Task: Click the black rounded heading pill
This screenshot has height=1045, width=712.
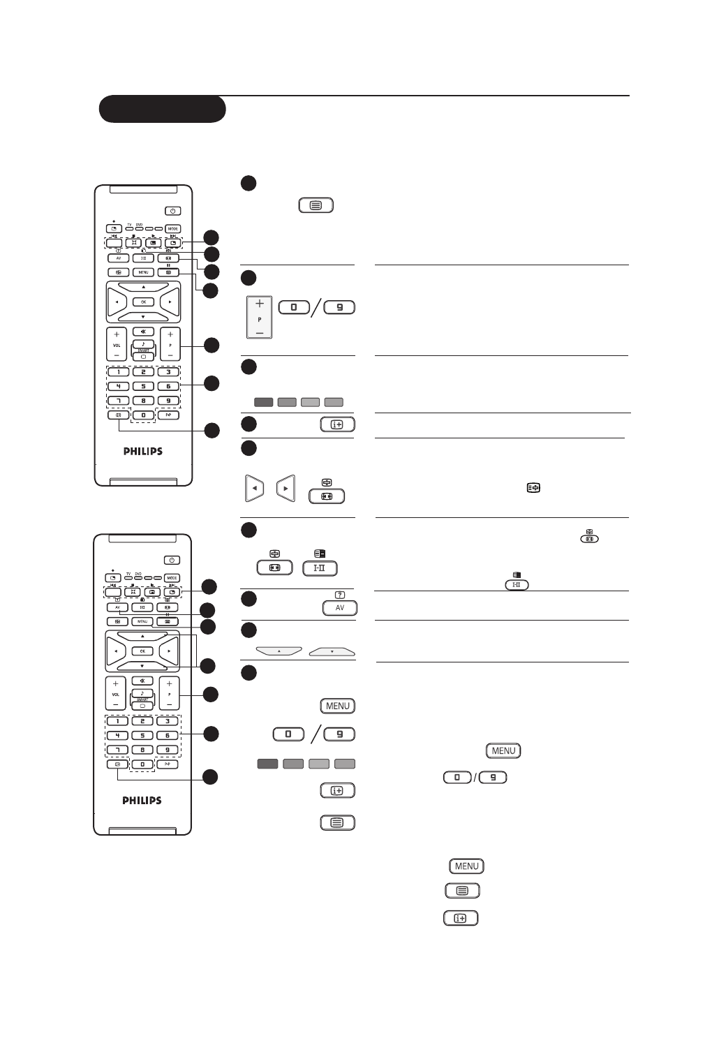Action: [162, 109]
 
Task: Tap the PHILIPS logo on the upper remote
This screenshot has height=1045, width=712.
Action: [142, 451]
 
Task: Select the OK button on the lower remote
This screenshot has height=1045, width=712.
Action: [142, 651]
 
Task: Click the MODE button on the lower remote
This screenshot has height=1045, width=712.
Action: [172, 578]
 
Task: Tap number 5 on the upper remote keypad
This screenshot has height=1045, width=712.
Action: [143, 386]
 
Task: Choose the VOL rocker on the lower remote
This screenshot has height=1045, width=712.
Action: [116, 695]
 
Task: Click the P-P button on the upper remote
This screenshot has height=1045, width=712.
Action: [168, 415]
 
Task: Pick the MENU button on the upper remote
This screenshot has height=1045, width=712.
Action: [143, 272]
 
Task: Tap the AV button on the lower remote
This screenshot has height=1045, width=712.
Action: [117, 607]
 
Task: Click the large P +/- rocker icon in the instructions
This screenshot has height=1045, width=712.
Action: [259, 318]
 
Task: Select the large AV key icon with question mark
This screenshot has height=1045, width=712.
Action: [340, 607]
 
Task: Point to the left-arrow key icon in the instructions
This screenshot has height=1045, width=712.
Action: [255, 488]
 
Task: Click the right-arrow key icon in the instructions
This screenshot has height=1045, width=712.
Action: [285, 488]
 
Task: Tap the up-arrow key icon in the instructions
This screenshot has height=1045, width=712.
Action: [279, 651]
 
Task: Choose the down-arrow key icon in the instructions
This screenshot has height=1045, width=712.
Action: [332, 651]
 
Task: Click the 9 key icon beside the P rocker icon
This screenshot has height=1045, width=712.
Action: [339, 307]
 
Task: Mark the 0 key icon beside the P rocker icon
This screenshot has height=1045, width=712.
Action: [294, 307]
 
